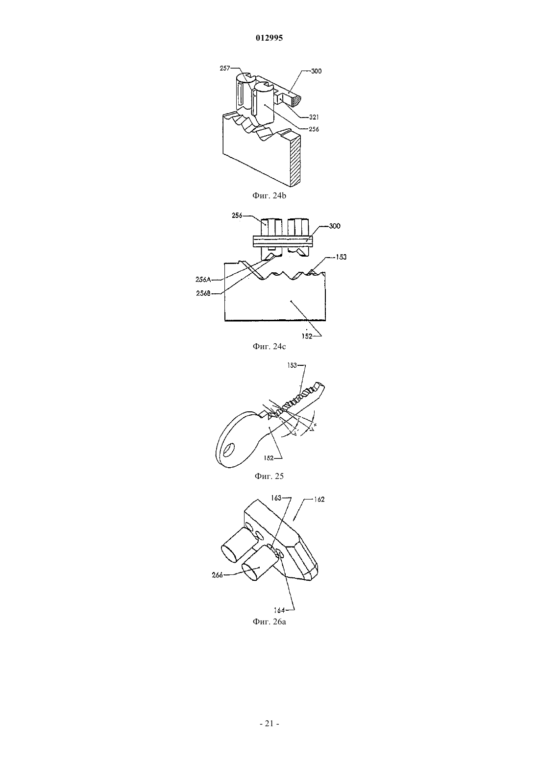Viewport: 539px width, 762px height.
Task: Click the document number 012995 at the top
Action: tap(269, 38)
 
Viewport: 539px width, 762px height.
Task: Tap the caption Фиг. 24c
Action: tap(269, 346)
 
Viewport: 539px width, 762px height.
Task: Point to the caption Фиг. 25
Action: tap(269, 476)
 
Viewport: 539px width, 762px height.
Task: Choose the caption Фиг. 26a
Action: tap(269, 622)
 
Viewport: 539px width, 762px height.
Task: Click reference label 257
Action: tap(225, 69)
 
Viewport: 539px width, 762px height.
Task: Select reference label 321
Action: tap(314, 117)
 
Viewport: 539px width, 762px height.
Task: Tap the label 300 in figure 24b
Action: tap(316, 71)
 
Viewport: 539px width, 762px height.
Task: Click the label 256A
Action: tap(203, 280)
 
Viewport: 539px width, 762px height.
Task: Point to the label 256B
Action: tap(203, 293)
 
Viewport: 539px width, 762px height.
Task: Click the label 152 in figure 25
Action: tap(269, 458)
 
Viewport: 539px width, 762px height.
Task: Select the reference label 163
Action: tap(276, 498)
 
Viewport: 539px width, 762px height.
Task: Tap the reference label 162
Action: tap(319, 500)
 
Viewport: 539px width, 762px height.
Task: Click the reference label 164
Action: tap(279, 610)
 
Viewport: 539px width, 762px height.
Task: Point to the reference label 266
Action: tap(217, 575)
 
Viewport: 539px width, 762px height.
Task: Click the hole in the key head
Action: tap(230, 449)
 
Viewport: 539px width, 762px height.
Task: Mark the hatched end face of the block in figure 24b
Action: tap(295, 160)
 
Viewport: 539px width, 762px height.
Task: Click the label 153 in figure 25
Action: tap(293, 365)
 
